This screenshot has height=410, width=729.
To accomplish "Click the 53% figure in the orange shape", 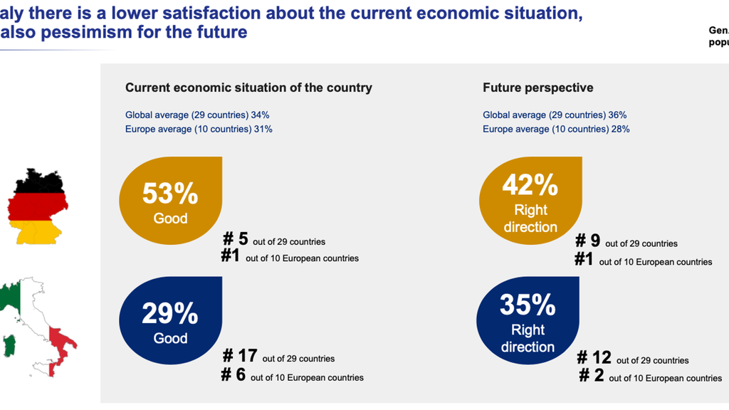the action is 170,194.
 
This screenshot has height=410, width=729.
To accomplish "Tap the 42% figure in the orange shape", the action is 530,185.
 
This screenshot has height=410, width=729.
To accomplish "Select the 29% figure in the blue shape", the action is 170,313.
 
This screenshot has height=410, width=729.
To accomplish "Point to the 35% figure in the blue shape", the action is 528,305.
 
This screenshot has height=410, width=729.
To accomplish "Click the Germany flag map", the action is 37,206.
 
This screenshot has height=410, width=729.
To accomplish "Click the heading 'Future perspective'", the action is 538,88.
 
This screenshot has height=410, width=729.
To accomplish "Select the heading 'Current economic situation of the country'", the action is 248,88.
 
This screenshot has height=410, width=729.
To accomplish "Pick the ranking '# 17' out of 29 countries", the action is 240,356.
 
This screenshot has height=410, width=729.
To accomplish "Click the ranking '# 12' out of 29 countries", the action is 594,357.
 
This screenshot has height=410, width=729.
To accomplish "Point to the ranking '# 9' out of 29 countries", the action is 587,241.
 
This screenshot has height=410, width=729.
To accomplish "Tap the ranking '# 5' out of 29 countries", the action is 235,239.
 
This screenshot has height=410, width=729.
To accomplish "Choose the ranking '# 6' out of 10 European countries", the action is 234,374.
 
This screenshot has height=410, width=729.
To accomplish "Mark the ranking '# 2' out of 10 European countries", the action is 592,375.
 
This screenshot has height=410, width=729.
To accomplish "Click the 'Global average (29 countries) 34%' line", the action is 197,115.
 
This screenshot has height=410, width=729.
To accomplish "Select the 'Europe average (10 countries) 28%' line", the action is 556,130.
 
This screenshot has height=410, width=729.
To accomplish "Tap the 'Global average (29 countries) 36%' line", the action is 555,115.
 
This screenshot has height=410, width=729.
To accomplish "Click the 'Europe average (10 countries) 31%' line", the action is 199,130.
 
